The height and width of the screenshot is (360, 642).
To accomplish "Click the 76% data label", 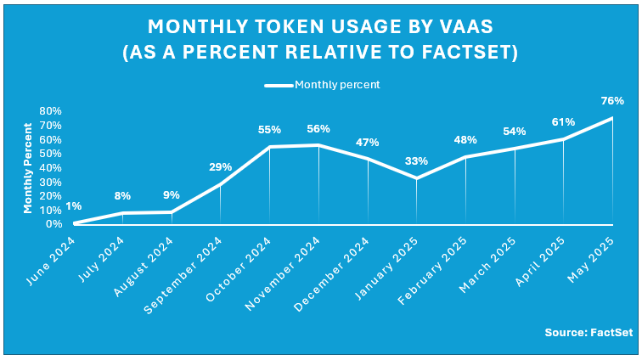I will point(613,100).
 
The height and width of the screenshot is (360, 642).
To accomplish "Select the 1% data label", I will point(74,206).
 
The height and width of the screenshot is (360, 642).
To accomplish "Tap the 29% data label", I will point(221,167).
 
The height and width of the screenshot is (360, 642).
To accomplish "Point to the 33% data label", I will point(416,161).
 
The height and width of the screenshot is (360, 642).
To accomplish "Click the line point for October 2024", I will point(269,147).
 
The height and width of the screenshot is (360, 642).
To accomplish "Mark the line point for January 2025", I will point(416,178).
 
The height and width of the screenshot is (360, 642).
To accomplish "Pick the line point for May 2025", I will point(612,118).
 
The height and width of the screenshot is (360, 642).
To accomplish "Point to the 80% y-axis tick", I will point(50,111).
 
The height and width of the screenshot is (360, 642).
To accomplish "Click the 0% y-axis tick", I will point(53,224).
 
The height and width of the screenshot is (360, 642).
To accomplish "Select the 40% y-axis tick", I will point(50,167).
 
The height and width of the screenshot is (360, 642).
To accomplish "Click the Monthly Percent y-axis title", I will point(28,167).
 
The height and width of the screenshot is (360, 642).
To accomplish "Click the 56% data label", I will point(318,129).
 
